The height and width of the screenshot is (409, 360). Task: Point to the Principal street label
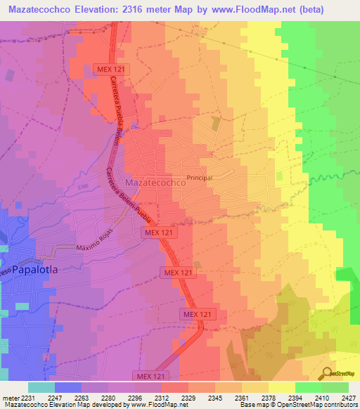point(200,178)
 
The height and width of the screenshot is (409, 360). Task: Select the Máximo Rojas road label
point(94,248)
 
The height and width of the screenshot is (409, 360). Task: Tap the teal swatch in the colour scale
point(41,387)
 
